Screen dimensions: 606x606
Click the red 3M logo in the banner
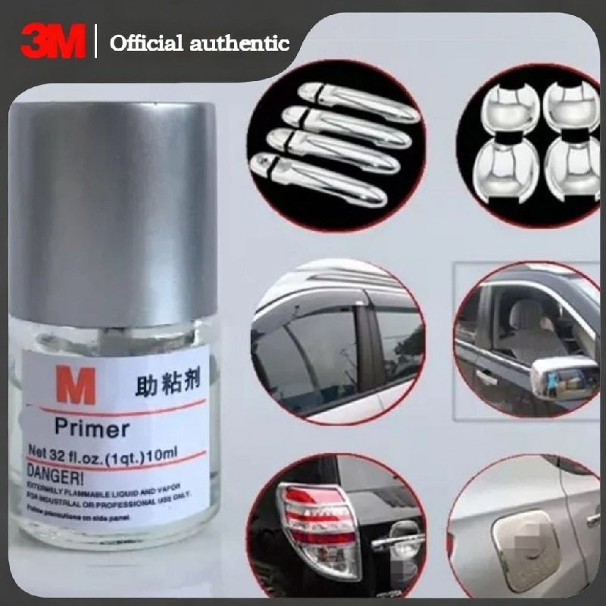(52, 41)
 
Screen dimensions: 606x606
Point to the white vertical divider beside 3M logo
(97, 41)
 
